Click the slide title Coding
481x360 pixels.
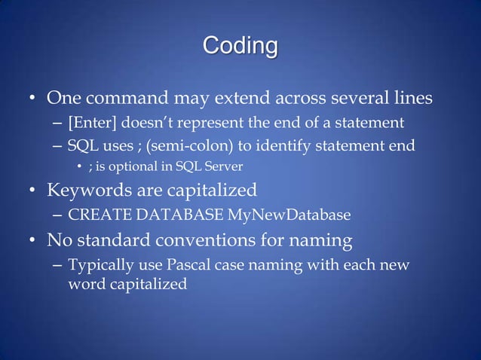(240, 46)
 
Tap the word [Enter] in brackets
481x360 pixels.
(93, 122)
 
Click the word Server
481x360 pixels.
(223, 165)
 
